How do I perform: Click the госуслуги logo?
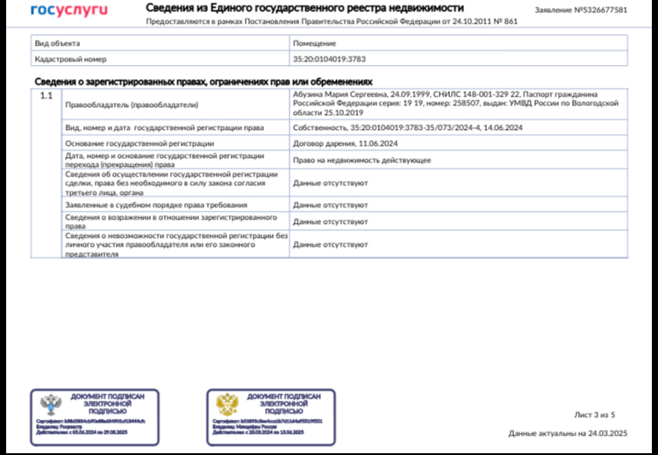(68, 11)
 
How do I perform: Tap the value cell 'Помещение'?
(312, 42)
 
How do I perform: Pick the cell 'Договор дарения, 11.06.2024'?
(346, 143)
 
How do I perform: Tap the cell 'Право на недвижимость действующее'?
(361, 161)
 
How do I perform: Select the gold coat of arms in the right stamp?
(228, 406)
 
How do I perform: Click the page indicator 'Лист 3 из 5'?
(595, 414)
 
